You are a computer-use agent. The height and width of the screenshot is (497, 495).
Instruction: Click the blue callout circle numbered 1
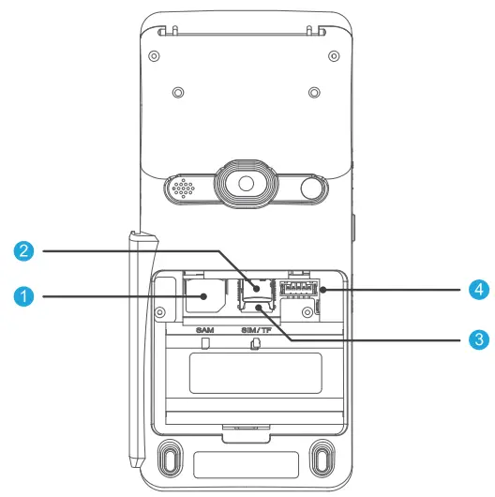coord(25,297)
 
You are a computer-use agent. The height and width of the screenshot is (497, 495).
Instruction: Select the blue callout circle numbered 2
coord(25,251)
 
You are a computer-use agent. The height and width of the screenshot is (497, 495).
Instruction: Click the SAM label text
coord(205,330)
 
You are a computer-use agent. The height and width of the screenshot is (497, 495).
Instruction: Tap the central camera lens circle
coord(247,184)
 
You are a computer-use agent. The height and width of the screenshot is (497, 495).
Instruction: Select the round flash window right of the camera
coord(313,188)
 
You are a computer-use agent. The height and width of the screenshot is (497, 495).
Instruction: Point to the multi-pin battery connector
coord(295,287)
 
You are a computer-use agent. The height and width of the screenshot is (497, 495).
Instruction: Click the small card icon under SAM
coord(205,343)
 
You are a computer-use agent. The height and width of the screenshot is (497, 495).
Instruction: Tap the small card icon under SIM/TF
coord(255,343)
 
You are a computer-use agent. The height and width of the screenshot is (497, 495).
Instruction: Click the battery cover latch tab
coord(247,432)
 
